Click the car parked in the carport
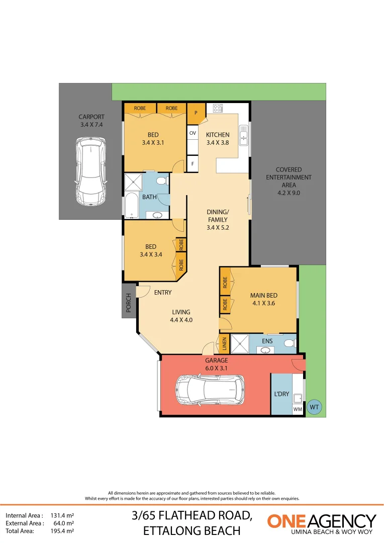tap(91, 171)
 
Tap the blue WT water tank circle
tap(315, 407)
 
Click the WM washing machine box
tap(298, 409)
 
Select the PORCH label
tap(129, 303)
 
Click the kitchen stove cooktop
tap(218, 108)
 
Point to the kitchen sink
tap(244, 134)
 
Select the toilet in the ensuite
tap(289, 343)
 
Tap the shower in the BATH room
tap(133, 182)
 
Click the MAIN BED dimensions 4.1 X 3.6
tap(263, 303)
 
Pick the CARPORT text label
tap(91, 117)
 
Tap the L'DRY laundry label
tap(281, 394)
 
